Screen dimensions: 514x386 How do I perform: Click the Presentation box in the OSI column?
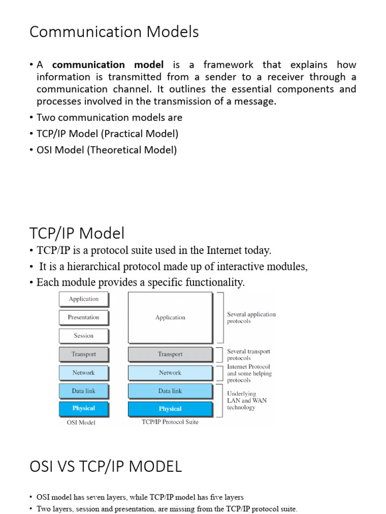point(83,317)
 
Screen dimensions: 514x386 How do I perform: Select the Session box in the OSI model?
point(83,336)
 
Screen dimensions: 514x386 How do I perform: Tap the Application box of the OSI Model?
point(83,299)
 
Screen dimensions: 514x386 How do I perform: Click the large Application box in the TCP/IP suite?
point(170,318)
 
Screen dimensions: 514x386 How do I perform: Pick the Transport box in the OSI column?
point(83,354)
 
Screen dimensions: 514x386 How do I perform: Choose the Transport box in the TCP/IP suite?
point(170,354)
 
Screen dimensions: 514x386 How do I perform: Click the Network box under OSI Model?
point(83,373)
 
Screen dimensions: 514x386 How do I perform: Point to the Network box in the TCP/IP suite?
point(170,373)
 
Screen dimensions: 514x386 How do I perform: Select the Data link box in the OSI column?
point(83,391)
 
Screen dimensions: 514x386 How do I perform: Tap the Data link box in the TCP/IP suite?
point(170,391)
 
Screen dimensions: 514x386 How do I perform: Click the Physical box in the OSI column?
point(83,409)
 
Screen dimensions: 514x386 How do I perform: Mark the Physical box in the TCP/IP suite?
point(170,409)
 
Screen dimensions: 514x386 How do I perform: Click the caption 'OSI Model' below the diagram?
point(81,423)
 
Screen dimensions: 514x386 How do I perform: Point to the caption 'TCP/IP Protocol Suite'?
point(170,422)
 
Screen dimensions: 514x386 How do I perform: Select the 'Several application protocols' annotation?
point(251,318)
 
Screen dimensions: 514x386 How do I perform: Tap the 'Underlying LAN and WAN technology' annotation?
point(247,401)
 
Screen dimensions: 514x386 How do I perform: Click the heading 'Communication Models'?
point(114,32)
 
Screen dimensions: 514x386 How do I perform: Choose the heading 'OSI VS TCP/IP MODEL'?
point(106,467)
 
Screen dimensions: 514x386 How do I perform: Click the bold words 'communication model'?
point(108,65)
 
